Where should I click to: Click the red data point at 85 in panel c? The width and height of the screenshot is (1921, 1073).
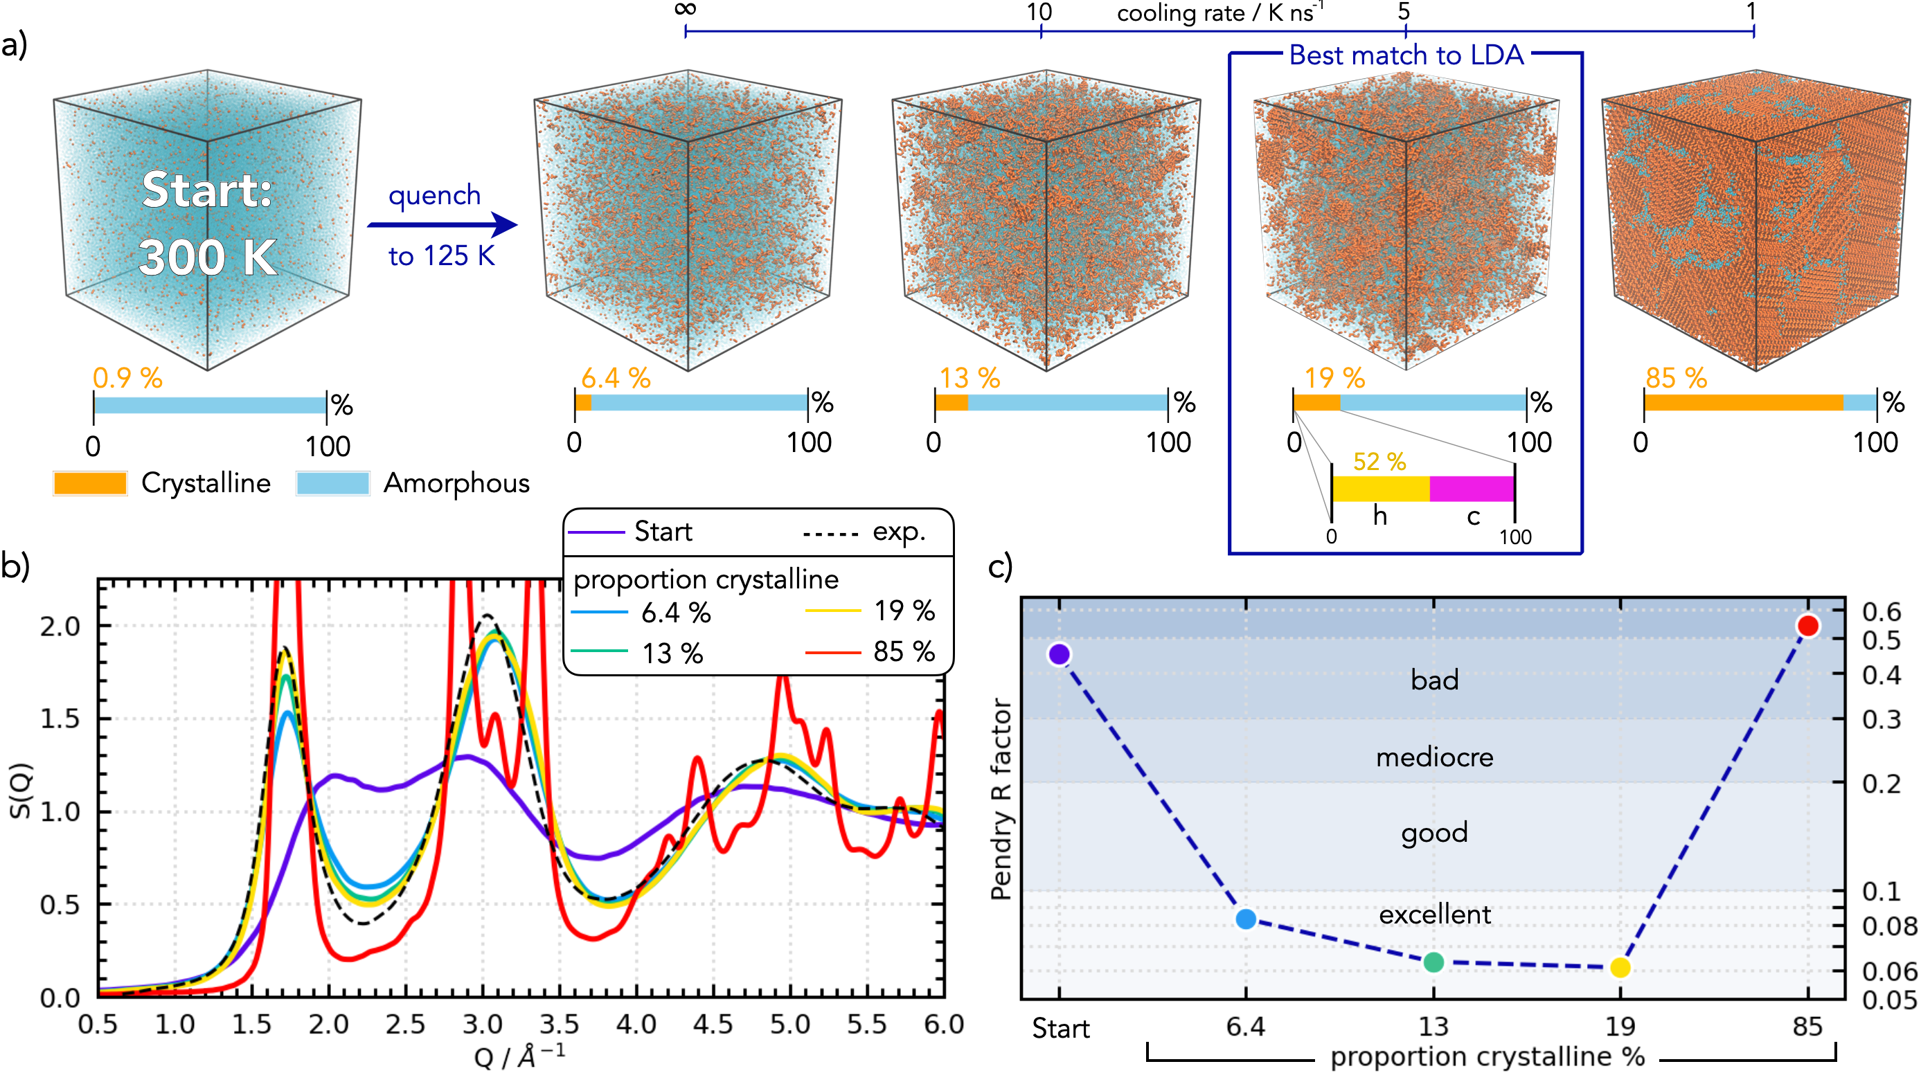(x=1807, y=625)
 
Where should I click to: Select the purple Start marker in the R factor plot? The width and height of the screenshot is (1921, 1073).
(x=1059, y=654)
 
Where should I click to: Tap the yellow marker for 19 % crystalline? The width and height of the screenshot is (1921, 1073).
(x=1620, y=967)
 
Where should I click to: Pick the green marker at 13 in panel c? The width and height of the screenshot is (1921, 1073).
(x=1433, y=962)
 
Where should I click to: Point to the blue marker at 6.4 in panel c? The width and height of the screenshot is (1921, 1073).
(x=1245, y=919)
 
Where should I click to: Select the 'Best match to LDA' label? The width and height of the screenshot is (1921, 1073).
(x=1406, y=55)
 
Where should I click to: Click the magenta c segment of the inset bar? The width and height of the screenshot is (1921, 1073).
(x=1472, y=489)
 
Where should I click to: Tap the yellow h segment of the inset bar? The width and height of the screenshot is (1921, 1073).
(x=1380, y=489)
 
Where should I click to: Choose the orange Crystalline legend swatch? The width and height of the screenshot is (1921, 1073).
(x=90, y=483)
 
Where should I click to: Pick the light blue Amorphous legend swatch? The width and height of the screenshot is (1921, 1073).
(x=332, y=483)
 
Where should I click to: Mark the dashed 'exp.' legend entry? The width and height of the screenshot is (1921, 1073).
(x=864, y=532)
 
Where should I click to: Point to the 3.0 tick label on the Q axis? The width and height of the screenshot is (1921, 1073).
(x=483, y=1025)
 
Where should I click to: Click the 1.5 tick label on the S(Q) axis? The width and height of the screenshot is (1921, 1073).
(x=60, y=719)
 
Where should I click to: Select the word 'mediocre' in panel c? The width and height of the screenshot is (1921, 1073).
(x=1434, y=757)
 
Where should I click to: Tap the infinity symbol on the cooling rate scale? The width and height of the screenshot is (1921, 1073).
(x=686, y=9)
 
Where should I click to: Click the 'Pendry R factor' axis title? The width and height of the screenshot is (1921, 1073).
(x=1001, y=798)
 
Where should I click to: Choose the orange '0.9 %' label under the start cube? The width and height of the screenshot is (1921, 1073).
(x=127, y=378)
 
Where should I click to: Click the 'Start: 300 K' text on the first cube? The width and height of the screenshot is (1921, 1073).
(x=207, y=223)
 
